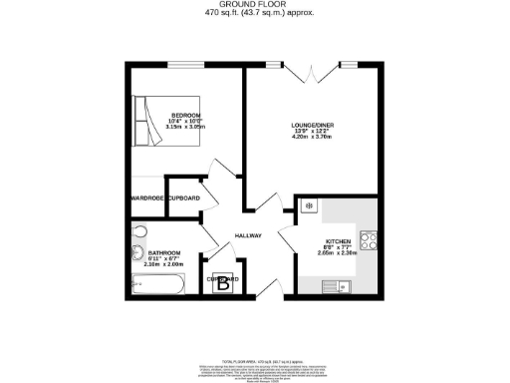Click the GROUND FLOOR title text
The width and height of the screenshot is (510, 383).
coord(254,5)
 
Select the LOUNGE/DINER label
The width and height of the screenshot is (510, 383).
coord(311,126)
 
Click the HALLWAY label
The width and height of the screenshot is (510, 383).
coord(248,235)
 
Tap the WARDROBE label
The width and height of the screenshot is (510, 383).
coord(147,198)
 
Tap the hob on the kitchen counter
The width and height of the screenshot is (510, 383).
coord(367,240)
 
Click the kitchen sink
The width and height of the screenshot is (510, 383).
coord(332,286)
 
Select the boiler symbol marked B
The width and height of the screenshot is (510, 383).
coord(223,283)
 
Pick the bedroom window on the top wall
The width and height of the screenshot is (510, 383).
coord(180,66)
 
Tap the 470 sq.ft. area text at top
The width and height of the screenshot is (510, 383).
coord(254,14)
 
